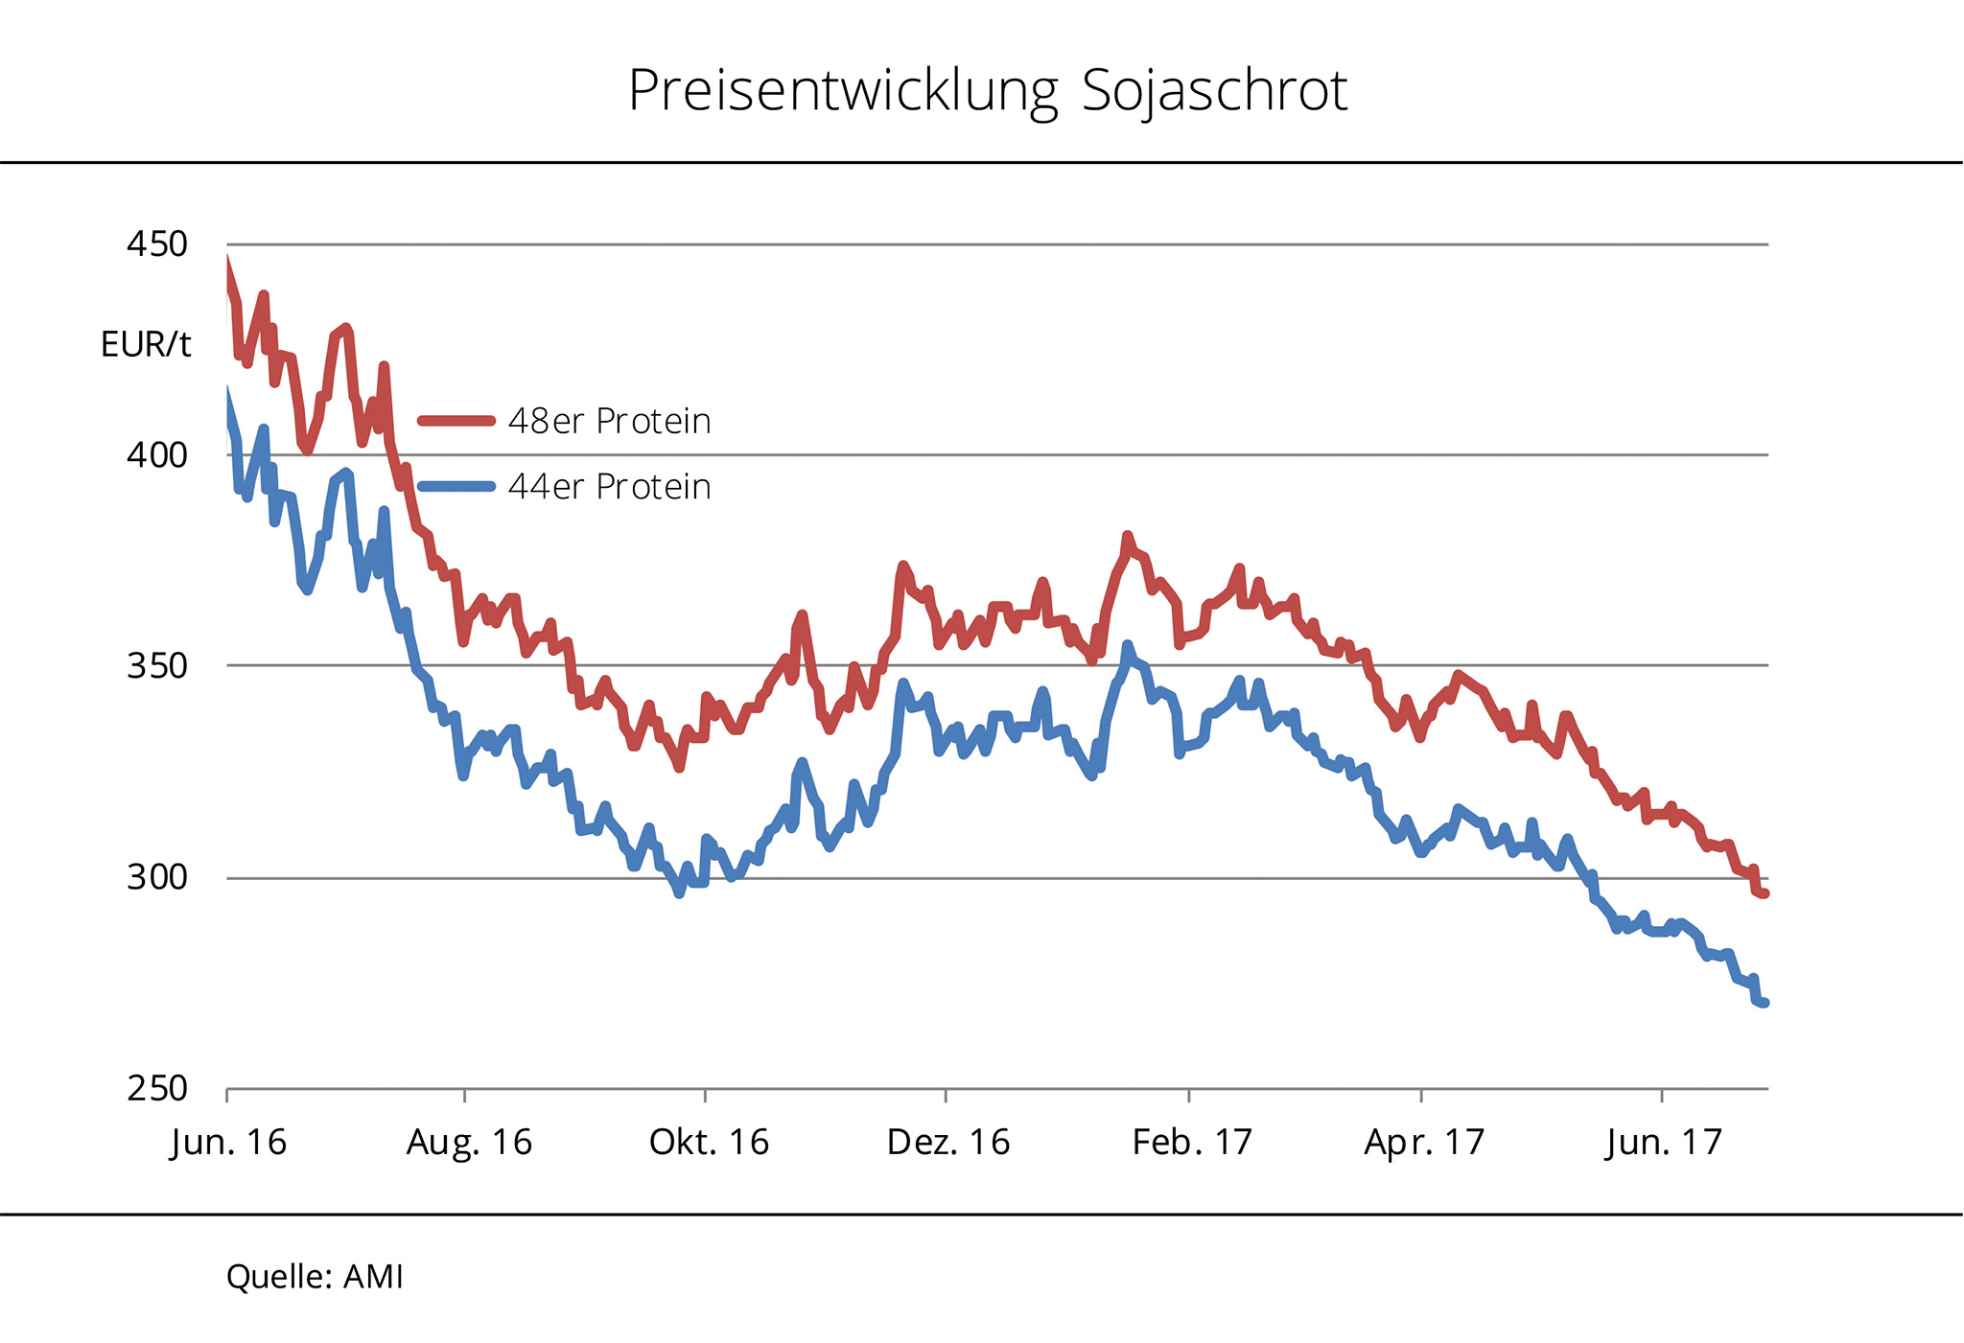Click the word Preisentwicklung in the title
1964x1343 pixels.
[x=843, y=92]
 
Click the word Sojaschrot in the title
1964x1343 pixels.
[x=1214, y=92]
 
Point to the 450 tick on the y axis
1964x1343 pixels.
[x=157, y=244]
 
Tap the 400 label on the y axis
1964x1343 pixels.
[x=157, y=455]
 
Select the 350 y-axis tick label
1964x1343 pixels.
[x=157, y=666]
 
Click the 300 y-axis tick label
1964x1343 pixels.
[x=157, y=877]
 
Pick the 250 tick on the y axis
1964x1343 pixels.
[x=157, y=1089]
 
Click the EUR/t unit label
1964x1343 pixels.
[x=146, y=344]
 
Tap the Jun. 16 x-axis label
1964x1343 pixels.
[x=228, y=1143]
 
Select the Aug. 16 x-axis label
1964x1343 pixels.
[x=469, y=1143]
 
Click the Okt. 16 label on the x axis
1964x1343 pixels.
[x=709, y=1143]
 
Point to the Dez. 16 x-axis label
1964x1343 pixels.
[x=948, y=1143]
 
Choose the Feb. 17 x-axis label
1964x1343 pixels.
[x=1192, y=1143]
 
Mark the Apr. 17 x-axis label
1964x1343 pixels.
[x=1424, y=1143]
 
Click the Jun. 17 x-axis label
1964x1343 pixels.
[x=1664, y=1143]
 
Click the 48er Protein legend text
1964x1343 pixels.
[x=609, y=422]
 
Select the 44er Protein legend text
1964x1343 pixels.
[x=609, y=487]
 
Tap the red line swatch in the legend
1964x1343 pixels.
[x=456, y=421]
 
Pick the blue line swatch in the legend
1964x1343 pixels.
[x=456, y=486]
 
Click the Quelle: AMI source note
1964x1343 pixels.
[x=315, y=1277]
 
